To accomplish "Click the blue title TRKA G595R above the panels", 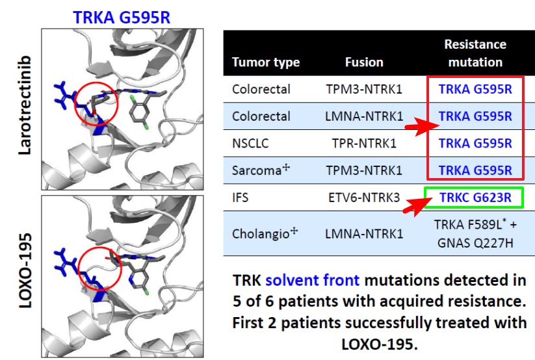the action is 122,18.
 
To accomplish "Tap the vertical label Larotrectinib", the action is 25,105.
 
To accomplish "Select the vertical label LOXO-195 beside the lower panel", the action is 25,271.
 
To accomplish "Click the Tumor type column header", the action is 266,62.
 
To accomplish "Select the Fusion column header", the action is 364,62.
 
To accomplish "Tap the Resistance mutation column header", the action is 475,53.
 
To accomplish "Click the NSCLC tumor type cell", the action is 250,144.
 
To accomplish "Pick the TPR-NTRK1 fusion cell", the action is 364,144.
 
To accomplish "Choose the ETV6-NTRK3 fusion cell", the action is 364,198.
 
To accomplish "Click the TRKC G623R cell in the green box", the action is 475,198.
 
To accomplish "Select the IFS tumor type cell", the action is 241,198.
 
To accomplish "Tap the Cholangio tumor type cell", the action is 265,233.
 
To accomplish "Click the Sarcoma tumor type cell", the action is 261,170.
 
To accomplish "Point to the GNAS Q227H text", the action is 475,243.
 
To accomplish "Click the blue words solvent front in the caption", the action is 312,280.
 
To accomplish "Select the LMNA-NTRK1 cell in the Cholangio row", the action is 364,234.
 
